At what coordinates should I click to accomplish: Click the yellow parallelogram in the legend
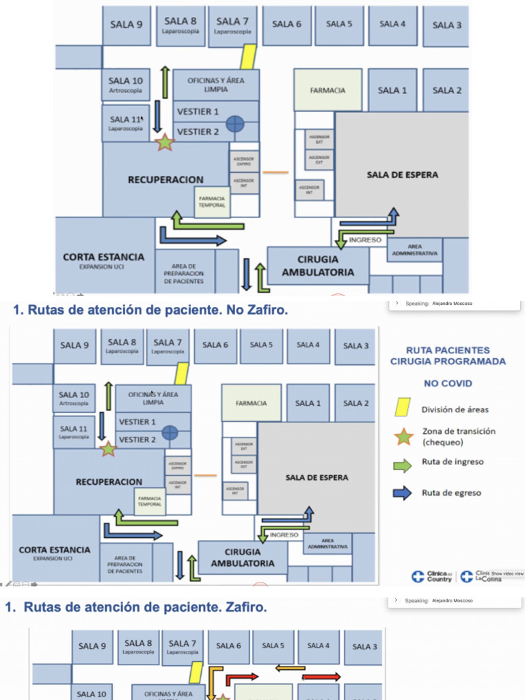[403, 408]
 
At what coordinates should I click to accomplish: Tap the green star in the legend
[403, 435]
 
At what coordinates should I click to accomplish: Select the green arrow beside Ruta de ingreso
[403, 465]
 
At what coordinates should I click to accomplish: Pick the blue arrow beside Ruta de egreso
[403, 492]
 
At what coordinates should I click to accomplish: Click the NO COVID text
[448, 383]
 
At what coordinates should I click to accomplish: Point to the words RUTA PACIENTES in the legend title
[448, 350]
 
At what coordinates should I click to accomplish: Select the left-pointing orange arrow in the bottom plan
[290, 668]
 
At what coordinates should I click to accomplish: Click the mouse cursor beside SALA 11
[142, 118]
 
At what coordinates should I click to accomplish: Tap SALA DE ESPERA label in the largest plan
[403, 175]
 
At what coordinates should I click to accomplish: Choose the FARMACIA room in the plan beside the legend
[251, 403]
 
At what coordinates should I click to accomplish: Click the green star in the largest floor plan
[165, 142]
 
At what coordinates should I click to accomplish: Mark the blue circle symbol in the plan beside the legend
[170, 432]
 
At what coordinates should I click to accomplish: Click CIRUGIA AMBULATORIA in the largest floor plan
[318, 265]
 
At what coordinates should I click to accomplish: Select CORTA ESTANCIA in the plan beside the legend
[55, 550]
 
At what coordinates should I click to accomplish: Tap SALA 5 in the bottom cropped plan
[272, 645]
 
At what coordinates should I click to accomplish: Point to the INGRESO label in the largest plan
[365, 240]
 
